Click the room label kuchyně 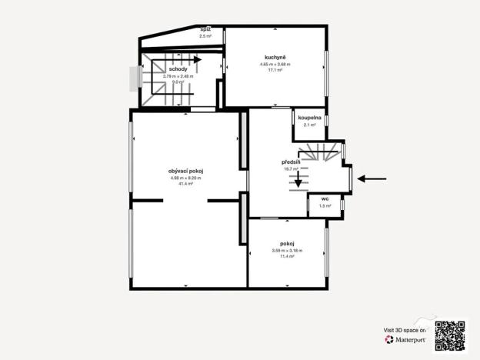pos(275,56)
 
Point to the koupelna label pos(310,117)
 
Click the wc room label pos(325,198)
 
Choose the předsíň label pos(291,162)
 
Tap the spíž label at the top pos(205,28)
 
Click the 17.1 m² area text pos(275,70)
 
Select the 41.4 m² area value pos(185,185)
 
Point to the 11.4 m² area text pos(287,256)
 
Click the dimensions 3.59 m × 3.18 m pos(287,251)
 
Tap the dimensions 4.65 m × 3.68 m pos(275,64)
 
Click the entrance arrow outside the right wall pos(373,178)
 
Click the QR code pos(450,335)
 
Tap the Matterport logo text pos(408,338)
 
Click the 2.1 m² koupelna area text pos(310,125)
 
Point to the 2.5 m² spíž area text pos(205,36)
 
